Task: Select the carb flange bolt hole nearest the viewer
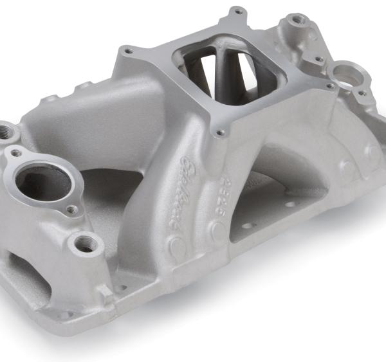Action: (x=221, y=133)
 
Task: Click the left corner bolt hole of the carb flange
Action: (x=129, y=50)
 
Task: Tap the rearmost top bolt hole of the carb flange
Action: (x=239, y=11)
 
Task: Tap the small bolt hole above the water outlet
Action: (x=15, y=154)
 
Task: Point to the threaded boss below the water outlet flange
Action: (x=86, y=244)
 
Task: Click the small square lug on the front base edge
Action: (x=106, y=293)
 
